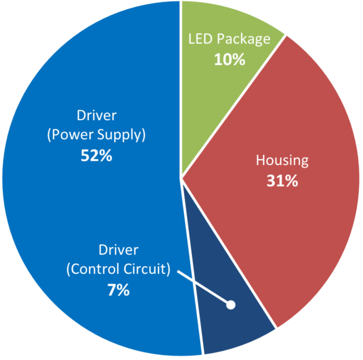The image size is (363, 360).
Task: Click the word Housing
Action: (282, 161)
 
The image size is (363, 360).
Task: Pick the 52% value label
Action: (96, 156)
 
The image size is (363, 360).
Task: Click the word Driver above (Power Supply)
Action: (97, 116)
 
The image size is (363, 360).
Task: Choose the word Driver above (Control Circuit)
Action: (118, 250)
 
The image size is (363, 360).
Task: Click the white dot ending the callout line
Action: (231, 305)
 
